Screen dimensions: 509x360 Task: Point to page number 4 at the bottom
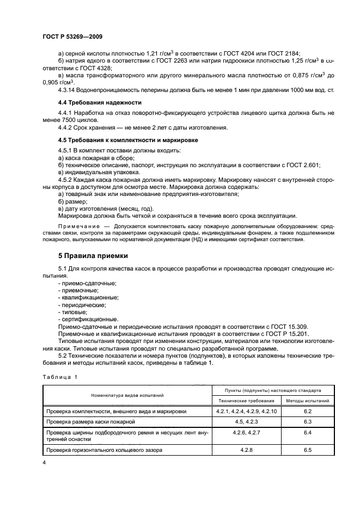[x=44, y=462]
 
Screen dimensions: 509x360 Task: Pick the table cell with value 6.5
[x=307, y=450]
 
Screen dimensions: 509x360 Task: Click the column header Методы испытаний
[x=307, y=401]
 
